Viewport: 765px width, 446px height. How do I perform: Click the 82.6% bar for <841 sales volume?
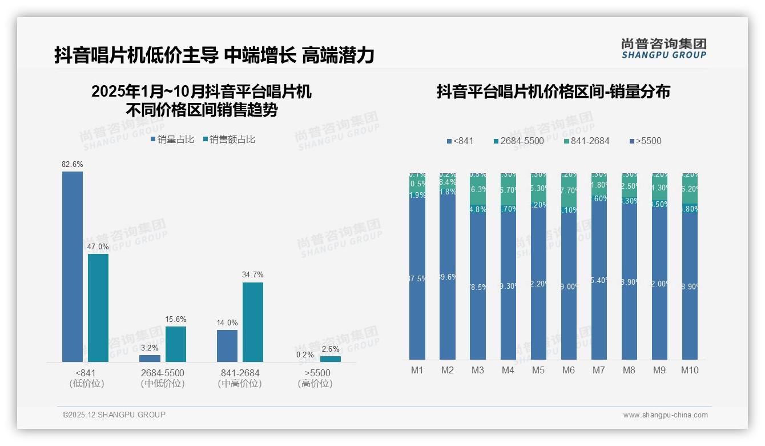point(73,266)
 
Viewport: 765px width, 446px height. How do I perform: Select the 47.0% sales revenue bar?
point(98,308)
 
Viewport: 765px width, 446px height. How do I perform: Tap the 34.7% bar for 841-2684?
point(253,322)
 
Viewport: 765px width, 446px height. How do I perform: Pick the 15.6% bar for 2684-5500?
point(176,344)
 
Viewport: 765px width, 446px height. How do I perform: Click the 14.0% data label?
point(227,323)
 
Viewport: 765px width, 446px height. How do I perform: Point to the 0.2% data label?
point(305,355)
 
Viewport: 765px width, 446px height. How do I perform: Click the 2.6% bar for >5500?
point(331,359)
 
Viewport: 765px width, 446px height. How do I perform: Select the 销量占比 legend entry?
point(172,139)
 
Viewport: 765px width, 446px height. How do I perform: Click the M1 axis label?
point(417,370)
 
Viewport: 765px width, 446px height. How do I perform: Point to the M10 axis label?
point(690,370)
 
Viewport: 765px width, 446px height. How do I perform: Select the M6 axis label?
point(569,370)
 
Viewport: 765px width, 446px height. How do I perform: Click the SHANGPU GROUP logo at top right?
point(664,49)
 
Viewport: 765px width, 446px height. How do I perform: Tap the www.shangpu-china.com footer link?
point(665,415)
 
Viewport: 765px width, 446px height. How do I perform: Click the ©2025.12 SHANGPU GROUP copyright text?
point(114,415)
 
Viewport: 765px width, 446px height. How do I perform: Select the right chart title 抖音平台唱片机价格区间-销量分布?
point(553,91)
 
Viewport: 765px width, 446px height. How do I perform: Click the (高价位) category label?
point(315,384)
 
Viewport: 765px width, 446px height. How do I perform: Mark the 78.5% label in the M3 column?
point(478,287)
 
